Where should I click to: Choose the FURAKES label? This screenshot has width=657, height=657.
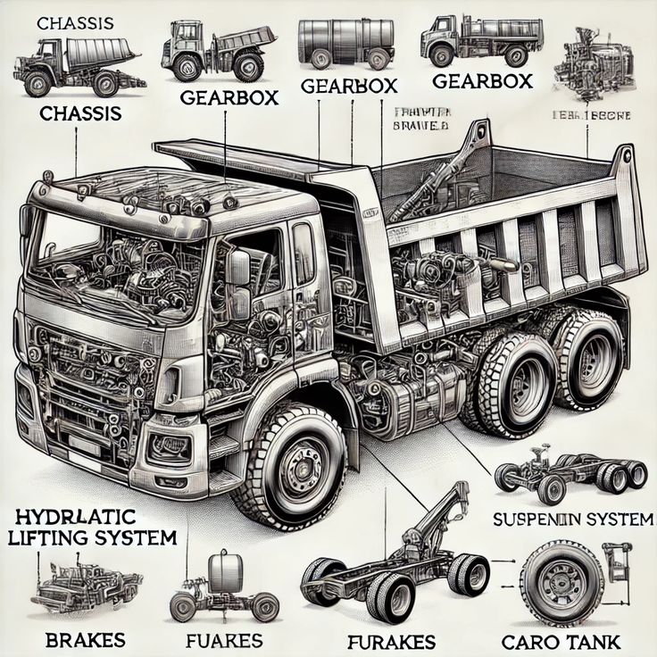(x=392, y=641)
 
